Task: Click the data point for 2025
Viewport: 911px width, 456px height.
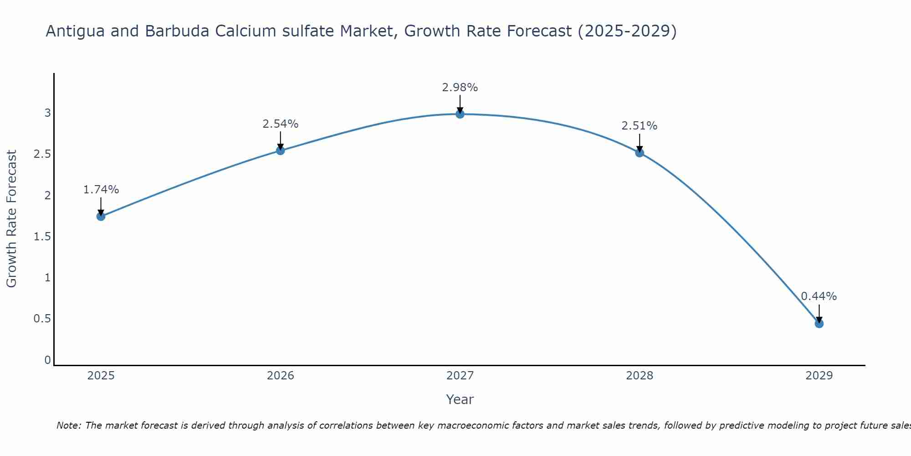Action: pyautogui.click(x=101, y=216)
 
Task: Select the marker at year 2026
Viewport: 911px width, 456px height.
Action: pyautogui.click(x=280, y=150)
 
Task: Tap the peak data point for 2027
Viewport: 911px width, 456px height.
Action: pyautogui.click(x=460, y=114)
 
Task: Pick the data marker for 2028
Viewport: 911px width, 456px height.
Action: pyautogui.click(x=639, y=153)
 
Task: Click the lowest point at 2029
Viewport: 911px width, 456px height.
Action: pyautogui.click(x=819, y=323)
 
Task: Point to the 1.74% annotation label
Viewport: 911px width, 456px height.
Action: pyautogui.click(x=101, y=190)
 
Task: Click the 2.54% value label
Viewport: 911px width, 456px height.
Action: pyautogui.click(x=280, y=124)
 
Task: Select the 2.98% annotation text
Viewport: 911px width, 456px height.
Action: pyautogui.click(x=460, y=88)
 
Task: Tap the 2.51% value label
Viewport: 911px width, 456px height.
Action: pyautogui.click(x=639, y=126)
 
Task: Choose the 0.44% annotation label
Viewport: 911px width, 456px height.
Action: pyautogui.click(x=819, y=296)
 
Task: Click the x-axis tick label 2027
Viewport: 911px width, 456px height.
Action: pyautogui.click(x=460, y=376)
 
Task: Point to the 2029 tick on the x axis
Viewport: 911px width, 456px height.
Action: pyautogui.click(x=819, y=376)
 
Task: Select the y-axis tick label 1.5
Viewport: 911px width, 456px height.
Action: pyautogui.click(x=42, y=237)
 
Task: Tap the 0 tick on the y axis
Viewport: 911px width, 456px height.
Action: pyautogui.click(x=47, y=360)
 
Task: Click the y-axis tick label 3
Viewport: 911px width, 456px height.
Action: pyautogui.click(x=47, y=113)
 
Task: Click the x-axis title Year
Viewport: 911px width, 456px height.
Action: pyautogui.click(x=460, y=399)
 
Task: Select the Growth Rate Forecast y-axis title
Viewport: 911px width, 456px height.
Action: pyautogui.click(x=12, y=219)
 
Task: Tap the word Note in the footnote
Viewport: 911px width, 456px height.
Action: pyautogui.click(x=68, y=425)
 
